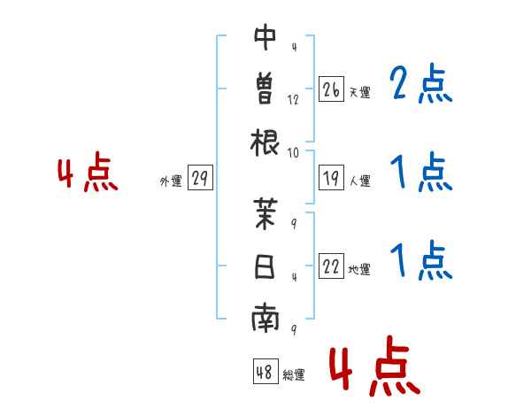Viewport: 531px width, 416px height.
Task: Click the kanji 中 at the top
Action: [x=265, y=36]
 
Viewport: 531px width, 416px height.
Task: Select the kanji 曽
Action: [x=265, y=89]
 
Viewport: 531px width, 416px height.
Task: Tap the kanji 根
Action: [x=265, y=143]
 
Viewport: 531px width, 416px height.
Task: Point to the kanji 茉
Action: [x=265, y=213]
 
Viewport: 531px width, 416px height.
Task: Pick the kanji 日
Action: [x=265, y=266]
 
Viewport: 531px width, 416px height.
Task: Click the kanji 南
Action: [x=265, y=319]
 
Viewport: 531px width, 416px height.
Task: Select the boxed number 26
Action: [x=331, y=89]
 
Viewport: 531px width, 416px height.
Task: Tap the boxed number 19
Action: [x=331, y=178]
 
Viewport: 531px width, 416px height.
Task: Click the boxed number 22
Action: [x=331, y=266]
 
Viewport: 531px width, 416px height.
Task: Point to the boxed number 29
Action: [x=200, y=178]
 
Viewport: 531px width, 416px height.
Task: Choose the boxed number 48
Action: [x=265, y=371]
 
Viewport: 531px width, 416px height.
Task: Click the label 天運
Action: [x=360, y=92]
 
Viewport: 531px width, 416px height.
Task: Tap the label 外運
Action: [x=171, y=181]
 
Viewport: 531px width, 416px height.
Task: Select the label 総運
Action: [x=294, y=374]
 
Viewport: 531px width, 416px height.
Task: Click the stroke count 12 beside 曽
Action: [x=293, y=100]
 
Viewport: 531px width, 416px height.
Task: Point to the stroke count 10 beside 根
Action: [x=293, y=153]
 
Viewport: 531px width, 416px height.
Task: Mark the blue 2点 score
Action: [x=420, y=84]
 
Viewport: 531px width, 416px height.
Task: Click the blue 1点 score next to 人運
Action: [x=421, y=172]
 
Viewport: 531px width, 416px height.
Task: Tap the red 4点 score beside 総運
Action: [x=375, y=366]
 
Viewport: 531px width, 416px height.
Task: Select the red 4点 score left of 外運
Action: [x=88, y=172]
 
